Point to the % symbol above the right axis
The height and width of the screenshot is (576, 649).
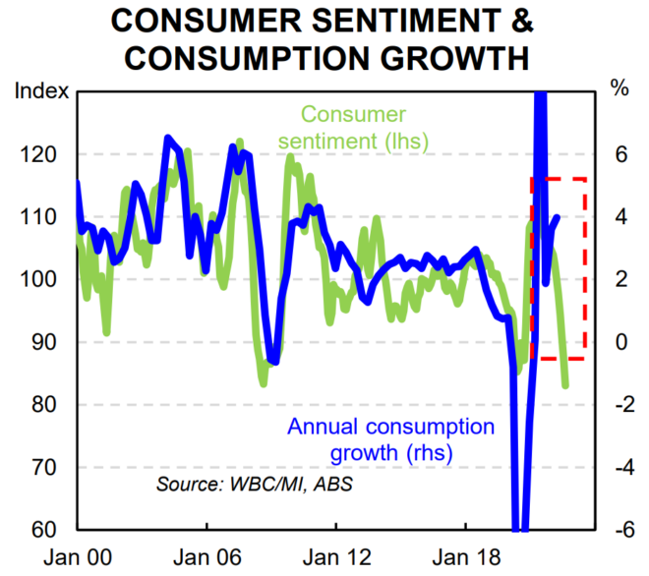pyautogui.click(x=619, y=90)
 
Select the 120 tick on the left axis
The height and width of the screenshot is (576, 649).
pyautogui.click(x=45, y=154)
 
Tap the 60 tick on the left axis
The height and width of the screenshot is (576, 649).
pyautogui.click(x=49, y=530)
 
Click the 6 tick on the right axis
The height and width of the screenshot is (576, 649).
pyautogui.click(x=620, y=154)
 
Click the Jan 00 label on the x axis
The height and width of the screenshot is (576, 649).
pyautogui.click(x=77, y=556)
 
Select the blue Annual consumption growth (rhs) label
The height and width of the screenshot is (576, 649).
pyautogui.click(x=390, y=440)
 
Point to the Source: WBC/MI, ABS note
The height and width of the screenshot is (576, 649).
pyautogui.click(x=254, y=484)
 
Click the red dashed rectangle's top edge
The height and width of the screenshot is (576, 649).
pyautogui.click(x=559, y=179)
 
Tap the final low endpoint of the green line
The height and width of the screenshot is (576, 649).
pyautogui.click(x=565, y=385)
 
